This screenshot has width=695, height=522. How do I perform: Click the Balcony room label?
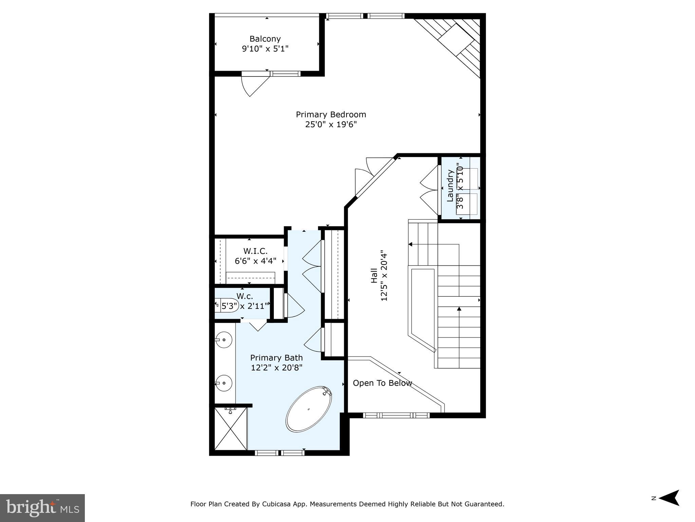265,39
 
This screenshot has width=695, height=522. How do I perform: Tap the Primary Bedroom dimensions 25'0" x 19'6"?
331,125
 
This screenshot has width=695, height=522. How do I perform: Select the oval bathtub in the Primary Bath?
309,409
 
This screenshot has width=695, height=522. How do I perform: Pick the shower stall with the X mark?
231,429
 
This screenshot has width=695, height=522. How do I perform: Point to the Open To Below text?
382,383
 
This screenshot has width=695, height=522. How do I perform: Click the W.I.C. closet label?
255,251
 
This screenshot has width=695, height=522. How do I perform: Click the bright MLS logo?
42,508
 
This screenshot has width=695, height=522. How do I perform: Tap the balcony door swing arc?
251,87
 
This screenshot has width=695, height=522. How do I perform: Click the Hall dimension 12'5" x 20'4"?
384,277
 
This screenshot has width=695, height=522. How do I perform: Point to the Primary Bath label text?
276,358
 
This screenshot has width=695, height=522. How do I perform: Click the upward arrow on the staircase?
459,309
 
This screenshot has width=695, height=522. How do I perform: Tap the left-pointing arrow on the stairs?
410,244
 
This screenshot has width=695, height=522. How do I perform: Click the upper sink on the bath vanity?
224,340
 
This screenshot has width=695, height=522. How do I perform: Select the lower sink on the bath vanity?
224,383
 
